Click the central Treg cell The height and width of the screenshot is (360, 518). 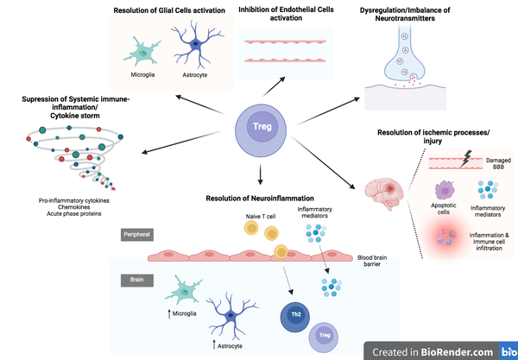tap(261, 127)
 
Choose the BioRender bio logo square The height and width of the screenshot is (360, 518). tap(507, 350)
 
